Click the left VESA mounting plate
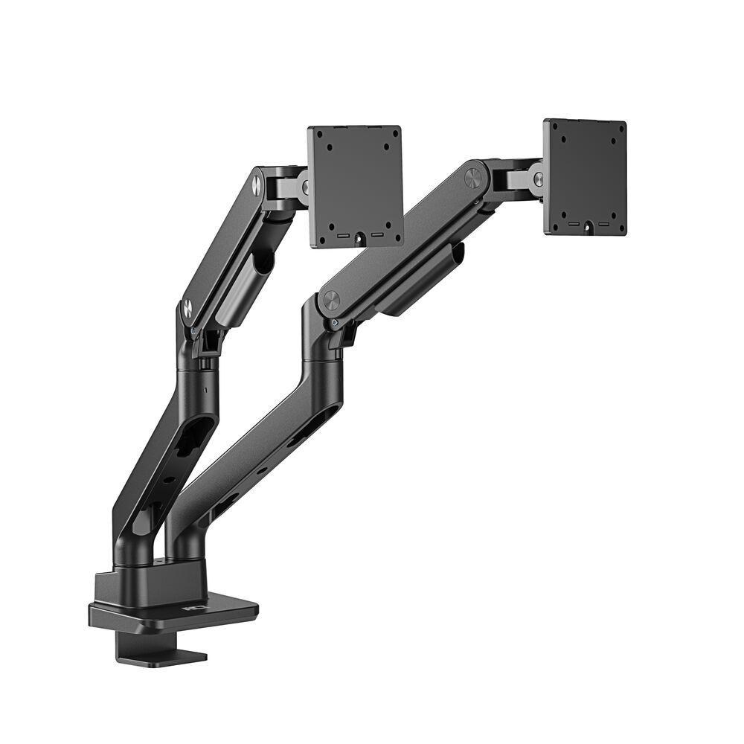coord(355,186)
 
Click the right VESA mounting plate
coord(585,176)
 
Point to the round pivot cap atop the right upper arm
coord(472,178)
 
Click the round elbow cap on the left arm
coord(187,306)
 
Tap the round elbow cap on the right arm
coord(331,301)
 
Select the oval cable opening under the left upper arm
coord(262,262)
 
